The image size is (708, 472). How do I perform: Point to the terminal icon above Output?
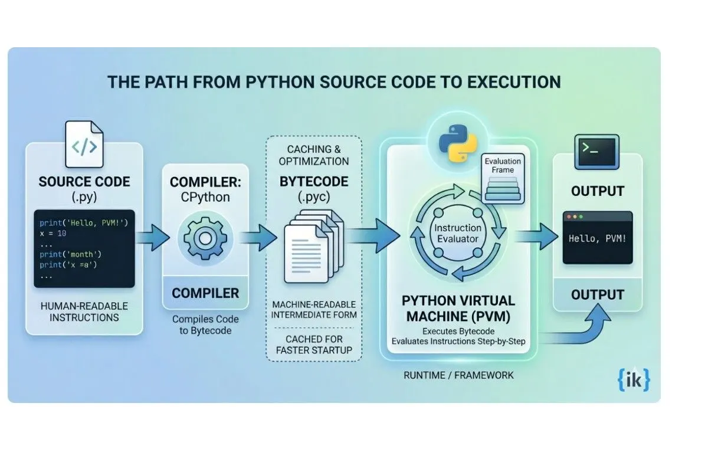[597, 152]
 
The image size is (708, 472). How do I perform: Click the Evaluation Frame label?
[503, 165]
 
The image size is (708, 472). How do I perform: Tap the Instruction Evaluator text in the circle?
[458, 234]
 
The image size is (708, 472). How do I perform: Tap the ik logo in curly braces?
[635, 379]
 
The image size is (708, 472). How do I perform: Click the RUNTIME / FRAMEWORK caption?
[458, 375]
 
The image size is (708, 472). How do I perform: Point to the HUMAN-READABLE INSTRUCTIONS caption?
[84, 312]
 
